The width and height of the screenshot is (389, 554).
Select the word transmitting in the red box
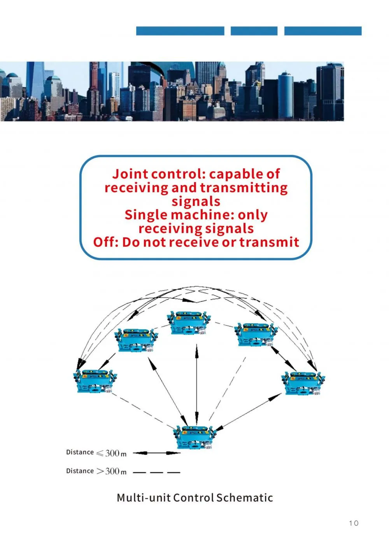(x=244, y=188)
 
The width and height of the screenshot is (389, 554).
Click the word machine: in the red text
(x=203, y=215)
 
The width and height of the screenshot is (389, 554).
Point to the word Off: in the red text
(x=106, y=242)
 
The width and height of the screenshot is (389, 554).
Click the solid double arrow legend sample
(x=157, y=453)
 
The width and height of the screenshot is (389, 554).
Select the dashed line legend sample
(x=156, y=472)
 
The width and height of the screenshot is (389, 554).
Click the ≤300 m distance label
(x=96, y=453)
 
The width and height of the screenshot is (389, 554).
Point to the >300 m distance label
(x=96, y=472)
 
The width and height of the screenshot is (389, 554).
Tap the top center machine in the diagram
(x=189, y=323)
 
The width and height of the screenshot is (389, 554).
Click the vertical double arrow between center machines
(x=196, y=384)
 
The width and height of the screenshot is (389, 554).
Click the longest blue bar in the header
(x=180, y=31)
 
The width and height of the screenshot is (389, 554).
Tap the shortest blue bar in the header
(x=254, y=31)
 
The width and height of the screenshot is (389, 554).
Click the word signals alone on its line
(x=196, y=202)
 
